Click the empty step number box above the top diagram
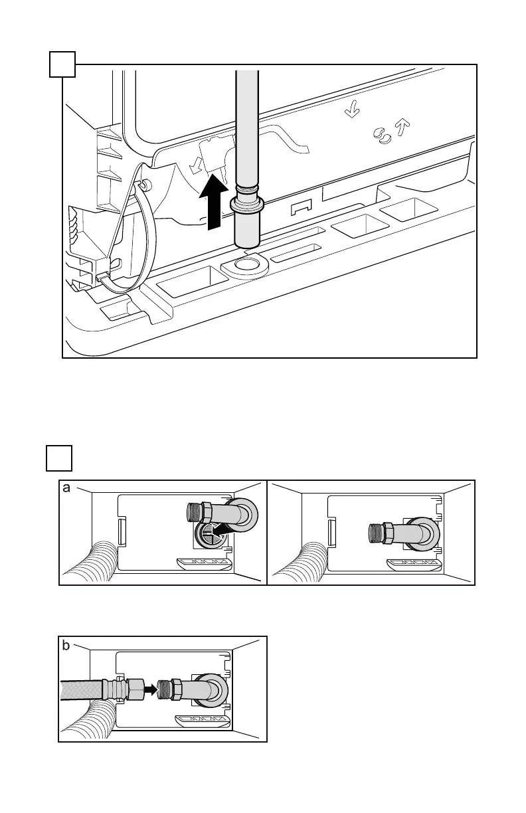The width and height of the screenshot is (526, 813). [x=62, y=64]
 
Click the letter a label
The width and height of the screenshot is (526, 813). [x=66, y=488]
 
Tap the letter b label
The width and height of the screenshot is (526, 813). [x=66, y=645]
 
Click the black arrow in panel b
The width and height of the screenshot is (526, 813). [x=151, y=689]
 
